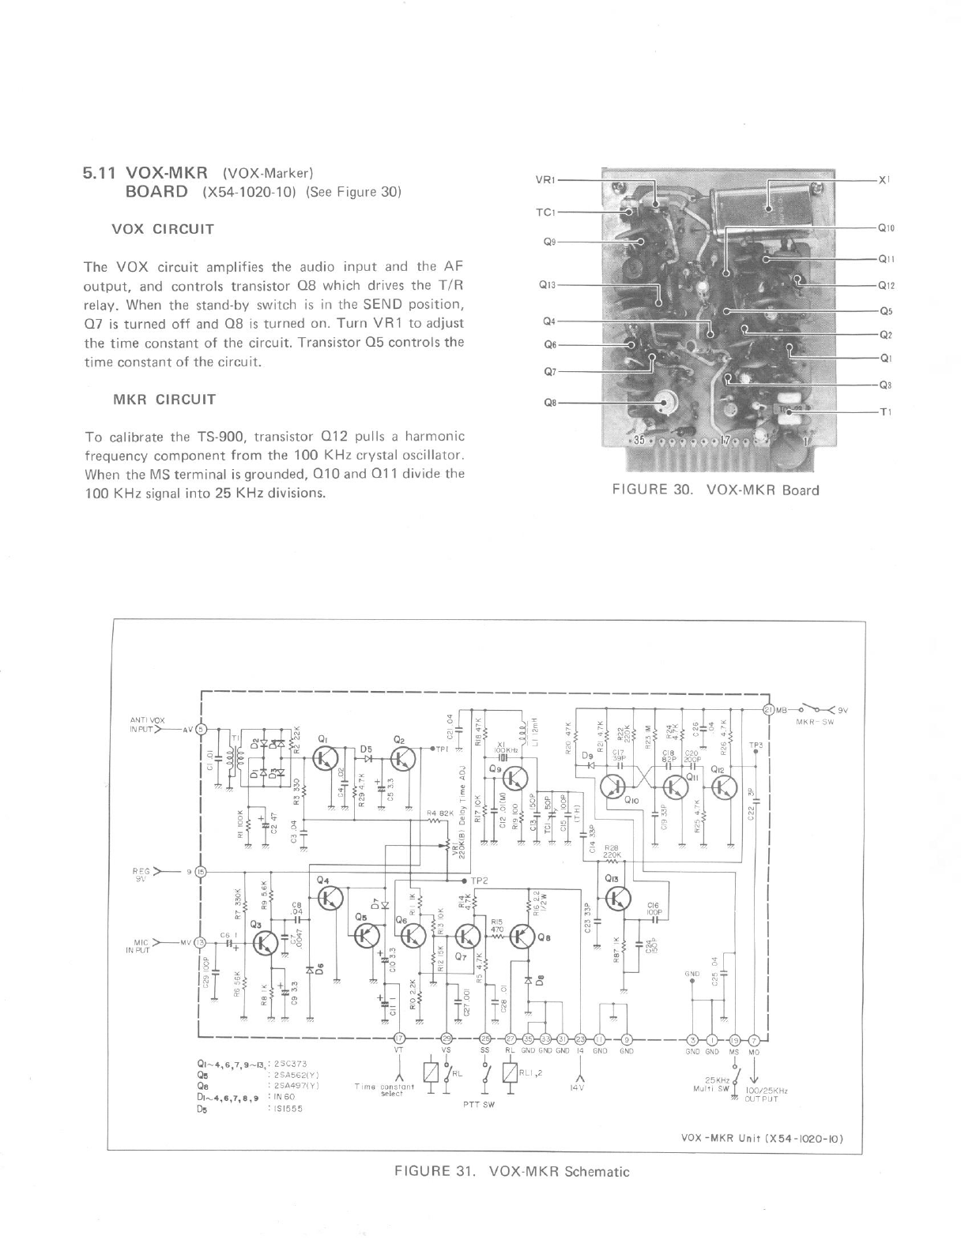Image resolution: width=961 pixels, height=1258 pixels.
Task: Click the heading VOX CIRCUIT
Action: (164, 230)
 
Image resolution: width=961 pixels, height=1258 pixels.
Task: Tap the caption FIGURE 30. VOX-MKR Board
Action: (716, 490)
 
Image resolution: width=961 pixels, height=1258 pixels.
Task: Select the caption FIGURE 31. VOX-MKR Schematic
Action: (512, 1171)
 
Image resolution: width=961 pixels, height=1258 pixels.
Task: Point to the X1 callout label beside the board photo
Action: (884, 180)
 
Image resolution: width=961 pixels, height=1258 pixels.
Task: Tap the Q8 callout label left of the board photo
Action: (550, 402)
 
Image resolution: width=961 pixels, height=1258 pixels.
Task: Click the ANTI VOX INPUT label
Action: (147, 723)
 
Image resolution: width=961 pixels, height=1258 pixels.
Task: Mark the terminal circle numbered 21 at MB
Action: (769, 708)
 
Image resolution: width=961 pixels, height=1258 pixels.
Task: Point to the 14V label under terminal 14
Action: (581, 1087)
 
